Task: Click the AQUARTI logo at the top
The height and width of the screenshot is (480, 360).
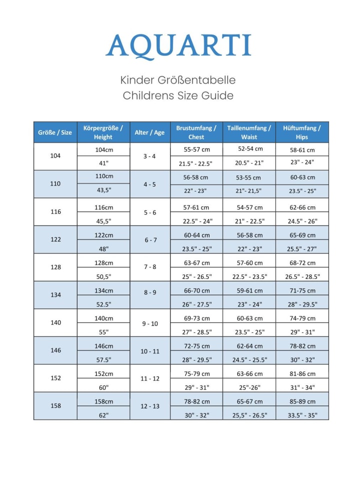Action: (178, 46)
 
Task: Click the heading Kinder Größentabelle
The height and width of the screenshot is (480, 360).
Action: (178, 80)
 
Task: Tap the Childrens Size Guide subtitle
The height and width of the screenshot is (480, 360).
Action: (178, 95)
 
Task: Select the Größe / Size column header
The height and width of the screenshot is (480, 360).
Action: (55, 132)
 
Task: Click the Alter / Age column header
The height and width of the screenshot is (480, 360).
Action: (149, 132)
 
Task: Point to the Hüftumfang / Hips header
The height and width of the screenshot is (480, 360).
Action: (302, 132)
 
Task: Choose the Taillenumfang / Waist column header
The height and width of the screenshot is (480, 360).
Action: (249, 132)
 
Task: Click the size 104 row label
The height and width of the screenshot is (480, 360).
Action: (55, 156)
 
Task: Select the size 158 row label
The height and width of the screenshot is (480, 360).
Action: (55, 405)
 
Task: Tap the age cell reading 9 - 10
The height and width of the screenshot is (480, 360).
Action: (150, 323)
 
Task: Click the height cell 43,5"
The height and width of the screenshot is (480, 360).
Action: (103, 190)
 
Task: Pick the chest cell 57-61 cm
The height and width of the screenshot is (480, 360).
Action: (196, 207)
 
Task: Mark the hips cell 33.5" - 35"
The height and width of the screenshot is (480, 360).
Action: (302, 414)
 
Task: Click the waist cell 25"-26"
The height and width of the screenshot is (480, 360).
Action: (249, 387)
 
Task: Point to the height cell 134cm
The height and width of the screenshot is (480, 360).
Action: (103, 290)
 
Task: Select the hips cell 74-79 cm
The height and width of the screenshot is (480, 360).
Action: (302, 318)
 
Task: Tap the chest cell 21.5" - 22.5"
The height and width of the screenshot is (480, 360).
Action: (196, 163)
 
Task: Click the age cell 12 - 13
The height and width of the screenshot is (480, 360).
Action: (150, 406)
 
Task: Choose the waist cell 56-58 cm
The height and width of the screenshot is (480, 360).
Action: (249, 235)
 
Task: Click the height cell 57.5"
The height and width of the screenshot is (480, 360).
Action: (103, 359)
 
